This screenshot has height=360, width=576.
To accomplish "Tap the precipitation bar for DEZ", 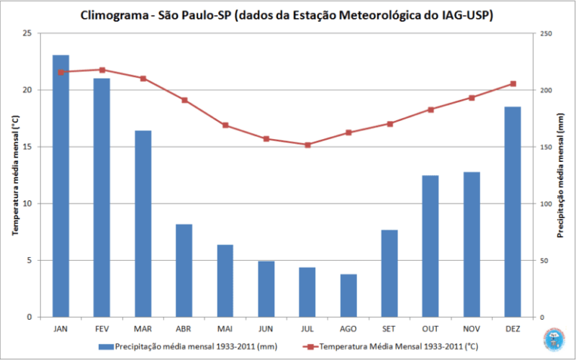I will pyautogui.click(x=513, y=212).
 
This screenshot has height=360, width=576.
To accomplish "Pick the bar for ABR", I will pyautogui.click(x=184, y=270).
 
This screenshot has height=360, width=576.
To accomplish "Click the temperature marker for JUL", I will pyautogui.click(x=307, y=145).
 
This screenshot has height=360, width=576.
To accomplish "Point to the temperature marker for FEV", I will pyautogui.click(x=102, y=70).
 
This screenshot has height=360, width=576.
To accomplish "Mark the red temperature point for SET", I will pyautogui.click(x=390, y=124).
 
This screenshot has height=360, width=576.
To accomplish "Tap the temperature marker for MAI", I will pyautogui.click(x=225, y=125).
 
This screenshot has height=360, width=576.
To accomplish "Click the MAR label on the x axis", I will pyautogui.click(x=143, y=328).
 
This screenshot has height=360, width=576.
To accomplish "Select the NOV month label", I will pyautogui.click(x=472, y=328).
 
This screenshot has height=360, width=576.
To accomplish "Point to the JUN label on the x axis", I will pyautogui.click(x=266, y=328).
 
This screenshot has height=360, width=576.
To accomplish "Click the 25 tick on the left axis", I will pyautogui.click(x=27, y=34).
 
